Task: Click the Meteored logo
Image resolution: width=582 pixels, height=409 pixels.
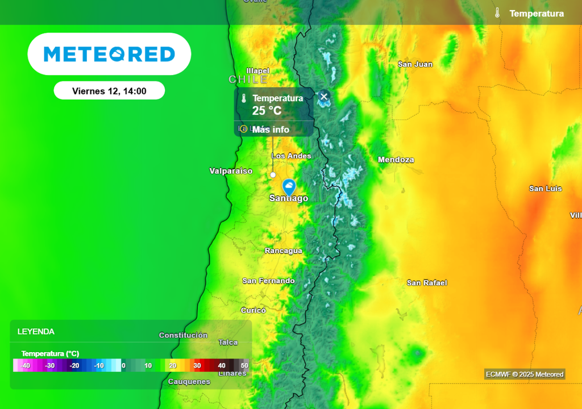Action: coord(109,54)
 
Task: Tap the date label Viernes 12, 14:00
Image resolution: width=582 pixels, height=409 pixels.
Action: coord(109,91)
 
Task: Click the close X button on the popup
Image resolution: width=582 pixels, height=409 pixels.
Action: coord(324,97)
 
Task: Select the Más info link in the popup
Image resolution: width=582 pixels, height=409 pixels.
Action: coord(271,130)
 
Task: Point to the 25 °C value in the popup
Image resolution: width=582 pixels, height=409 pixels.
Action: coord(267,111)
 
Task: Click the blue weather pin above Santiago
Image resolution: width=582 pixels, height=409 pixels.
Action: coord(289,186)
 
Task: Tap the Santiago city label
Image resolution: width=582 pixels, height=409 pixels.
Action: coord(289,198)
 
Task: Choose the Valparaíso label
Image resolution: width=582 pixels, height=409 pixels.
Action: coord(231,171)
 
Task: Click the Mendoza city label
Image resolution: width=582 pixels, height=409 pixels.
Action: coord(396,160)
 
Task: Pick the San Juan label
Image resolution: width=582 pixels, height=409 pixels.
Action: coord(415,64)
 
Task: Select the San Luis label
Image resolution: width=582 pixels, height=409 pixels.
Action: coord(545,189)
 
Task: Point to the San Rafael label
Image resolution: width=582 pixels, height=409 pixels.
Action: coord(427,283)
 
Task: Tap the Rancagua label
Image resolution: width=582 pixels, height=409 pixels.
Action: coord(284,251)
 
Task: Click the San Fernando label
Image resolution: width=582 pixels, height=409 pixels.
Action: coord(268,281)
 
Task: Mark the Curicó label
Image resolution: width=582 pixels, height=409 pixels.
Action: coord(253,310)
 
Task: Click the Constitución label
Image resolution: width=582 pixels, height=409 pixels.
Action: coord(183,335)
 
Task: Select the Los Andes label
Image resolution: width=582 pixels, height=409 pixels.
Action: coord(292,156)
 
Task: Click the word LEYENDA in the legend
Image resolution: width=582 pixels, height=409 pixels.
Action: coord(36,332)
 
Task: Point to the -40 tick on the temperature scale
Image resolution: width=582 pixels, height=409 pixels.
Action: coord(25,365)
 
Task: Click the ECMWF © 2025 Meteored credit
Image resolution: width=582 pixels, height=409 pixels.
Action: coord(525,374)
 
